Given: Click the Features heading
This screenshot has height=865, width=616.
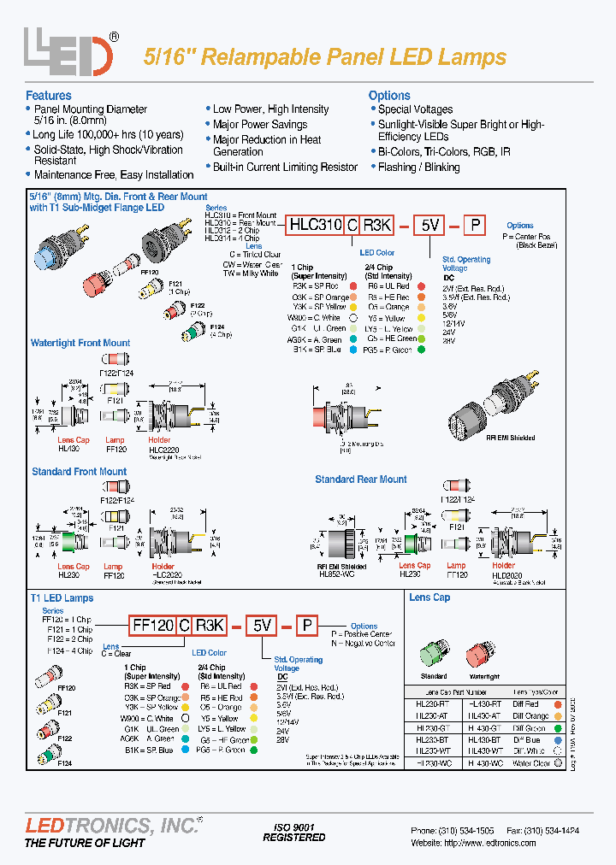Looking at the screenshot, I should click(49, 96).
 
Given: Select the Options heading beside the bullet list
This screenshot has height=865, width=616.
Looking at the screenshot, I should click(389, 96).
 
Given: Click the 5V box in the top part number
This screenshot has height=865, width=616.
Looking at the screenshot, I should click(429, 225).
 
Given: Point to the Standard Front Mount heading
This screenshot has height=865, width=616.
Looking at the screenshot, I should click(79, 471).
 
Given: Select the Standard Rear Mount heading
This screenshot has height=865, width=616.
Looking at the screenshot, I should click(361, 480).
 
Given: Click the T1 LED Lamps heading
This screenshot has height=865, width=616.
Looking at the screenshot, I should click(62, 597).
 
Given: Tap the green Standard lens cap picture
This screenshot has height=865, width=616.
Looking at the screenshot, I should click(434, 631).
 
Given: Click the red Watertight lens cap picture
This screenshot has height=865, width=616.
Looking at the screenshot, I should click(483, 631).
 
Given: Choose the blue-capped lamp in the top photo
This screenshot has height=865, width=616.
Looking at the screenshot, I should click(44, 253).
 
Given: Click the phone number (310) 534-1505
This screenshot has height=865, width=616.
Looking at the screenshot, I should click(465, 830).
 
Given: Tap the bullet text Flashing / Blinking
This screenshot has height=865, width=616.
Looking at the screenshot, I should click(418, 167).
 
